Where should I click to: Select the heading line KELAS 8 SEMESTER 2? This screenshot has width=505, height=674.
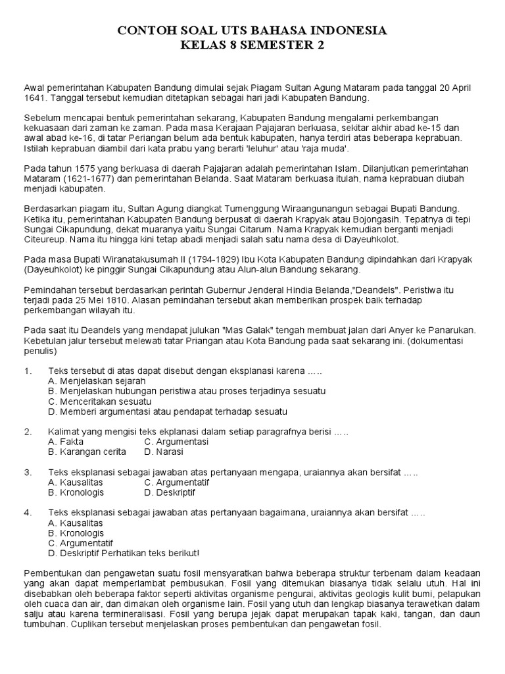[x=252, y=45]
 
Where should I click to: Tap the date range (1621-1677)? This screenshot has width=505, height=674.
[x=93, y=178]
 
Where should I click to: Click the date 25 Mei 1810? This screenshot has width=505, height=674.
[x=99, y=300]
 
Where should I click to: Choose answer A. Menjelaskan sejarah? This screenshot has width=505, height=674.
[x=97, y=380]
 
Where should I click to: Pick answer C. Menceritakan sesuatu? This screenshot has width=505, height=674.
[x=100, y=401]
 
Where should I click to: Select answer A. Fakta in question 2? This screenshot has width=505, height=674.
[x=66, y=442]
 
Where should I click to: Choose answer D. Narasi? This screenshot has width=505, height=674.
[x=164, y=452]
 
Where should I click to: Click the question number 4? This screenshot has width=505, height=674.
[x=28, y=512]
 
